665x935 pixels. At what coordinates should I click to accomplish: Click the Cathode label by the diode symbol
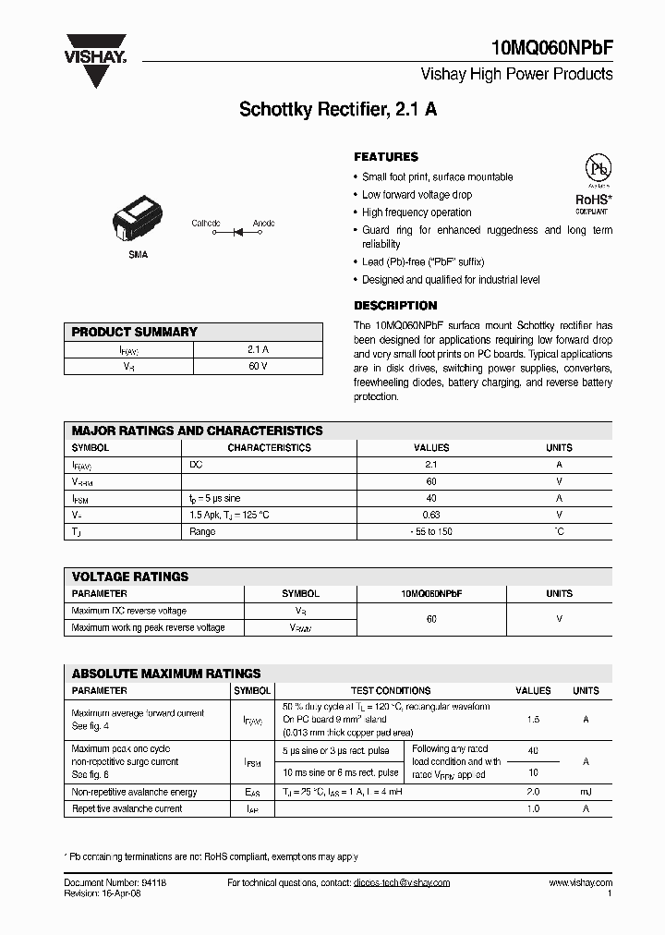coord(206,223)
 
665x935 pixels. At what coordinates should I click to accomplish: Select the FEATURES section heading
coord(386,157)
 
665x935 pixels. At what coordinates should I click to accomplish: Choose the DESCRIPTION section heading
coord(395,306)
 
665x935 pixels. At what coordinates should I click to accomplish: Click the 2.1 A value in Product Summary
coord(258,350)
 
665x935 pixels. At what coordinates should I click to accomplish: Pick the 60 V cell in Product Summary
coord(258,367)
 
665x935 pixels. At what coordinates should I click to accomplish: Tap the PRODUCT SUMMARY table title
coord(135,332)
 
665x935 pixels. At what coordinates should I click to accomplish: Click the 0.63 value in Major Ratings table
coord(431,515)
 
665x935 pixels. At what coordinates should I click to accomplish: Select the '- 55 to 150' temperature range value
coord(431,531)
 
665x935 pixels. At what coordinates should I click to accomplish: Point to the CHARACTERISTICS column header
coord(269,447)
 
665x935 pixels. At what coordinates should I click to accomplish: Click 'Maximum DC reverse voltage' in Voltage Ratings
coord(128,611)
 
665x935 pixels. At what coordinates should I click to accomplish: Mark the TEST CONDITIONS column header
coord(390,690)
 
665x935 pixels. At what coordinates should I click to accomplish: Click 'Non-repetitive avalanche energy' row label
coord(134,792)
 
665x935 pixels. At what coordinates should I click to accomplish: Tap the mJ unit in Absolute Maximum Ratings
coord(586,792)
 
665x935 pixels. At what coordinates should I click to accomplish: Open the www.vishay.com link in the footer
coord(580,882)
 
